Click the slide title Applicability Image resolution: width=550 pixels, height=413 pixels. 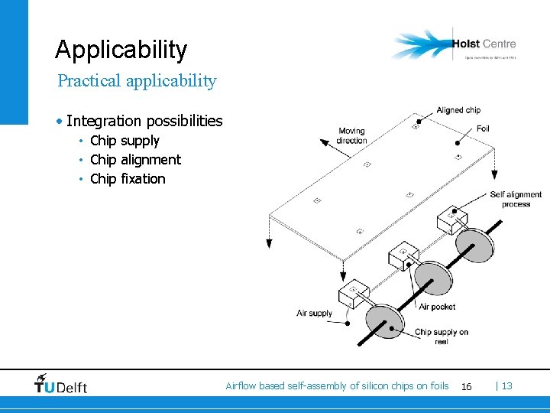[x=121, y=50]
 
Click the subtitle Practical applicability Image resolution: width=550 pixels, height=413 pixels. [x=137, y=80]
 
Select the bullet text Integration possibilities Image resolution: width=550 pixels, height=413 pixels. [x=144, y=121]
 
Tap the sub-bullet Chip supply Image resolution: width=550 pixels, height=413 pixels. [x=125, y=141]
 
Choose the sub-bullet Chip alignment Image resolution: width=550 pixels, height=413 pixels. [x=135, y=160]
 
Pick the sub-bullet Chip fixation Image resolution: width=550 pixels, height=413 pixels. [x=128, y=179]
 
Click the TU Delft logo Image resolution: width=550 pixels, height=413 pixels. [x=61, y=385]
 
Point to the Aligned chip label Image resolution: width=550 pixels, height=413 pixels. [x=458, y=110]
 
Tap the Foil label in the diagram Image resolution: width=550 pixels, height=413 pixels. [x=482, y=128]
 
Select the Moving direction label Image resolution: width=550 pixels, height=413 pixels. [x=351, y=135]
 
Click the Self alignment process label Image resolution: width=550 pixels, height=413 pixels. [x=516, y=200]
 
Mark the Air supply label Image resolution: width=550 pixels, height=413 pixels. [x=315, y=313]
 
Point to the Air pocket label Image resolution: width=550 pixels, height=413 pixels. [x=437, y=307]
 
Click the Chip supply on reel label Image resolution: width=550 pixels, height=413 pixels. [x=441, y=337]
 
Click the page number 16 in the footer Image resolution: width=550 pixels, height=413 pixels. [x=466, y=387]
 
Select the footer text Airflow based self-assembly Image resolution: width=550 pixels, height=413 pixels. [x=337, y=386]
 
